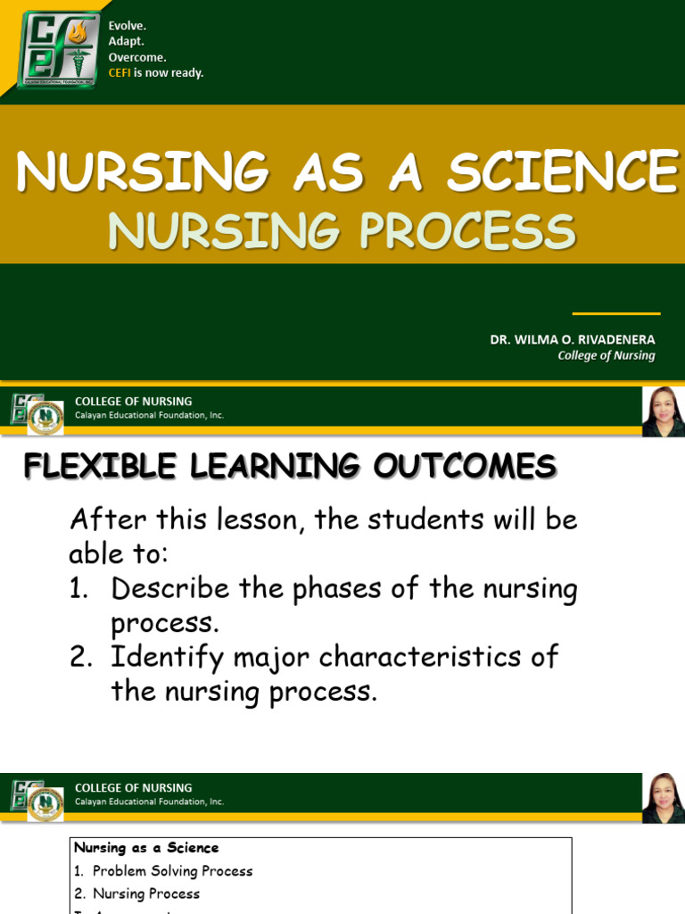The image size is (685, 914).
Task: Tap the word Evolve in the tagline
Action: coord(127,26)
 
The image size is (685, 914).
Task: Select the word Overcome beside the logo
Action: coord(136,57)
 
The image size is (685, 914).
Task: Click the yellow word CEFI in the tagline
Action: coord(120,73)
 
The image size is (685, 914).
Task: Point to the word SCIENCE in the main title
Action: coord(562,172)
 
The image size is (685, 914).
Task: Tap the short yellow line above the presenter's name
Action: coord(615,314)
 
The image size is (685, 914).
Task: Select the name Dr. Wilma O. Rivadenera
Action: coord(572,340)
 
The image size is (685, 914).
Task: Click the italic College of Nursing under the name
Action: coord(606,355)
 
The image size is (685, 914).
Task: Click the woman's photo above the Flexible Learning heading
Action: coord(663,411)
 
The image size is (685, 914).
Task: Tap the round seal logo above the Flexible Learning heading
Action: coord(45,418)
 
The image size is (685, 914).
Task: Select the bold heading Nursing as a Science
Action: coord(146,848)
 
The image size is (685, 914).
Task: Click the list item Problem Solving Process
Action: coord(172,871)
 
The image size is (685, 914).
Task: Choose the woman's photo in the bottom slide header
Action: coord(663,798)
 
